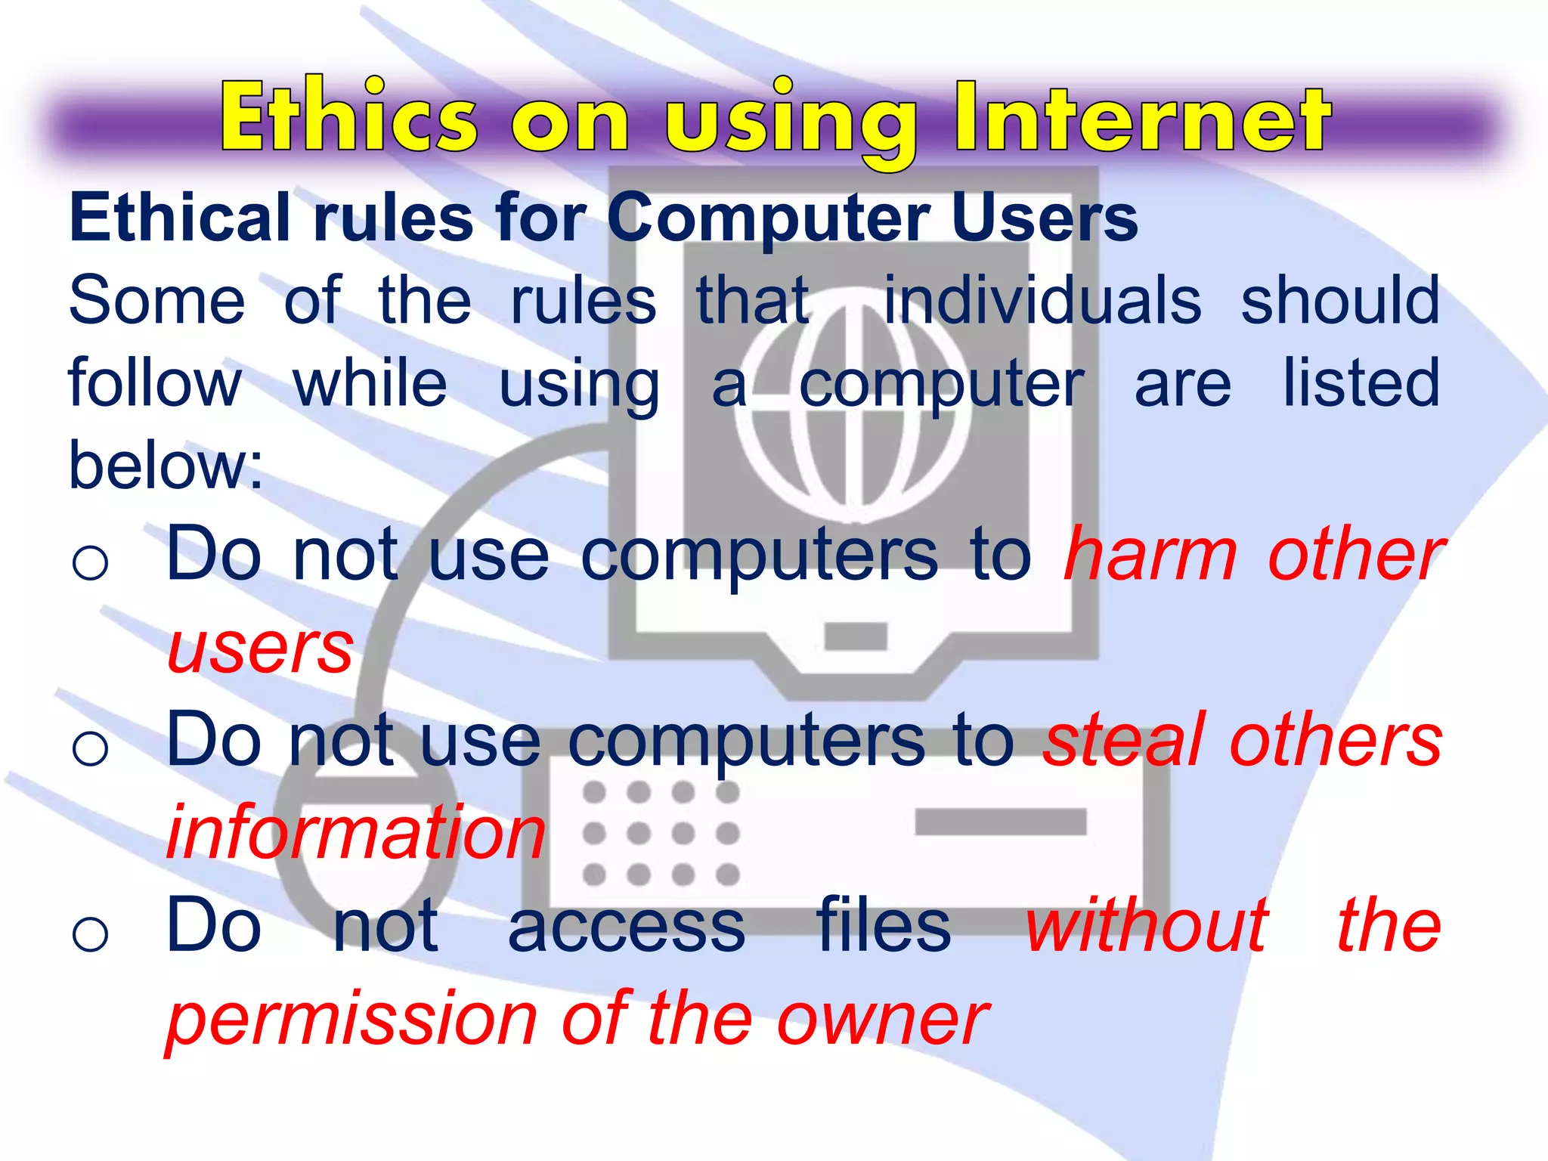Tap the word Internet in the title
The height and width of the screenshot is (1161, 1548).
[x=1141, y=117]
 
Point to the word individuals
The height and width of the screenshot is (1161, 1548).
[x=1042, y=301]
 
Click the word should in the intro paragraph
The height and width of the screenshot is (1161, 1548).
[x=1340, y=301]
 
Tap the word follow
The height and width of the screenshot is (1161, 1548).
[x=155, y=383]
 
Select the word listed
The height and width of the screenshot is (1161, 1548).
[x=1361, y=383]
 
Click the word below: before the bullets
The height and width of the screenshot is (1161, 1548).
[x=166, y=466]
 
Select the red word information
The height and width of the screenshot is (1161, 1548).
[x=355, y=833]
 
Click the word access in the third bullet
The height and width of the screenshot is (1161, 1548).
[x=627, y=927]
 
